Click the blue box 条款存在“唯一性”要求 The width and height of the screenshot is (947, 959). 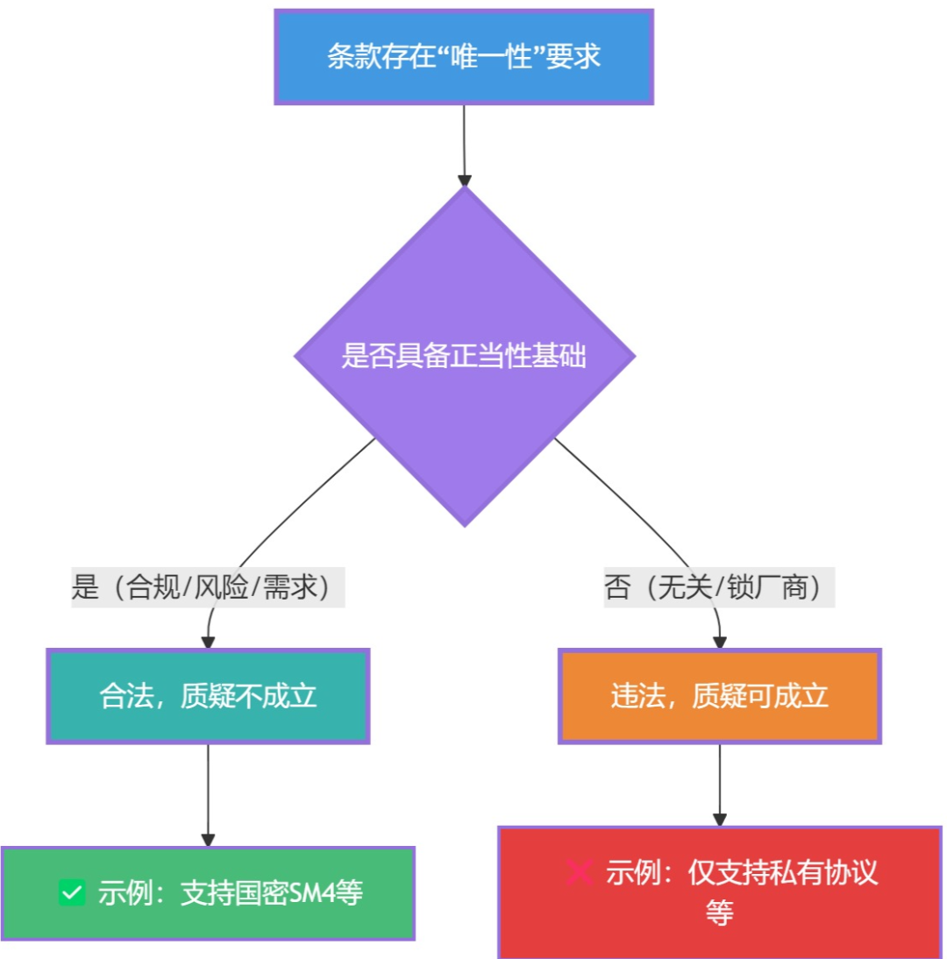point(464,57)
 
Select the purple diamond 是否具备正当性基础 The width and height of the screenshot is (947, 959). point(464,358)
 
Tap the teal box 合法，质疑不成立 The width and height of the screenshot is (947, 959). point(208,696)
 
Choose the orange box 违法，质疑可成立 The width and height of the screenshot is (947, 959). point(719,696)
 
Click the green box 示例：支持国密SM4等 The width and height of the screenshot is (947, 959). point(208,893)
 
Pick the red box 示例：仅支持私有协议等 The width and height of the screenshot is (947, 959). point(719,892)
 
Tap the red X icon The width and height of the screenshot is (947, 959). point(579,872)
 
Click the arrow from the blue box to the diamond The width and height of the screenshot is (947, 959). point(464,145)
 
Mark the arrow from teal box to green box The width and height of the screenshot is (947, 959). point(208,794)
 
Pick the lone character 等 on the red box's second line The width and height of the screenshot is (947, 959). point(719,913)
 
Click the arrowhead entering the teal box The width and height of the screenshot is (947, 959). point(208,643)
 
